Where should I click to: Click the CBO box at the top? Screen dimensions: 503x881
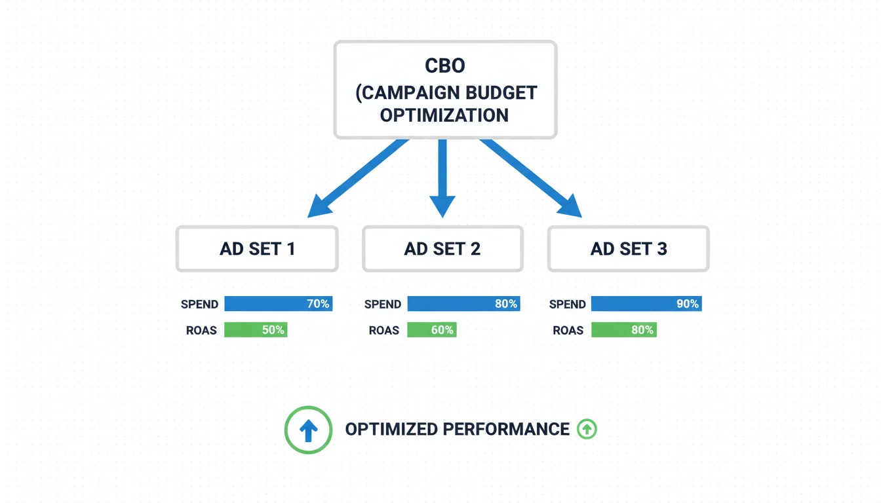[445, 90]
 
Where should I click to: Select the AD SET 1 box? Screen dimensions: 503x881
[257, 249]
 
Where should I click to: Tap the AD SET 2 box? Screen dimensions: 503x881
[442, 249]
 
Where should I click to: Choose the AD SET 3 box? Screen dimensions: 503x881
[628, 249]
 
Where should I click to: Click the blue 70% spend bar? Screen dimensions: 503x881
[278, 304]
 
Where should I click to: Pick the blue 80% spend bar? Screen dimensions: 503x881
[463, 304]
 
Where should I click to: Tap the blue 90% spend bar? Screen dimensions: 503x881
[646, 304]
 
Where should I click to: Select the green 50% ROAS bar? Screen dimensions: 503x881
[256, 330]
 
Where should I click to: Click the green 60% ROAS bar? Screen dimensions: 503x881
[431, 330]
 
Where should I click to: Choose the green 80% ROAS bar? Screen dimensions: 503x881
[623, 330]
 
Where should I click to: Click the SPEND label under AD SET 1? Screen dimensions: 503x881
[199, 305]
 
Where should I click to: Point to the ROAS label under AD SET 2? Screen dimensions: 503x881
[383, 331]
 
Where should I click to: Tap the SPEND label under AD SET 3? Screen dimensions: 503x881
[567, 305]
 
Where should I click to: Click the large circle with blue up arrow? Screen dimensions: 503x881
[308, 430]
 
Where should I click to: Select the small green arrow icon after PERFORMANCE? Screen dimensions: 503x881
[587, 430]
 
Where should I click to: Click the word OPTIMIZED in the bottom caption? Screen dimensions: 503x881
[391, 430]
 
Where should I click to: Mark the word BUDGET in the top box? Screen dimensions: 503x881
[502, 93]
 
